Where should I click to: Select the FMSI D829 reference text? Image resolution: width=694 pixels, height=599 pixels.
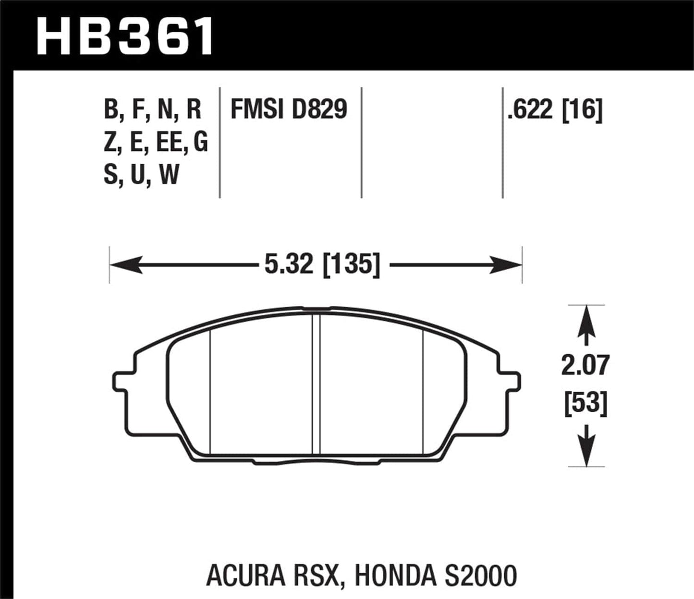pos(289,109)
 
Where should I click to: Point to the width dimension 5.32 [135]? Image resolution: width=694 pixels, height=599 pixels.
pos(322,264)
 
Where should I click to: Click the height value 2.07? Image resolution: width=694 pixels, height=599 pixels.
pos(585,366)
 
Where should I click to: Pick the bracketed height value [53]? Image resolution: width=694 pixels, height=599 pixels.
pos(585,403)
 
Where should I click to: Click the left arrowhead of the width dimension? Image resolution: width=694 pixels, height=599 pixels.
pos(126,264)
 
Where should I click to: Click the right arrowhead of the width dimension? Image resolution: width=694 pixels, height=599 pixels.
pos(505,264)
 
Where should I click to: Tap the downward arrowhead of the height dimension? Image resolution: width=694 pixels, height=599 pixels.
pos(585,451)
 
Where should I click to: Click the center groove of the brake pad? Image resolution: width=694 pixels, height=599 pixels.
pos(316,384)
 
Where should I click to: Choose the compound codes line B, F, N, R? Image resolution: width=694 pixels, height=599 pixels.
pos(153,109)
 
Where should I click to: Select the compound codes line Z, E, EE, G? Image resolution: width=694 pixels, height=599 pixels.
pos(156,142)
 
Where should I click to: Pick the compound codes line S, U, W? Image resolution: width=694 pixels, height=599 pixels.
pos(141,175)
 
